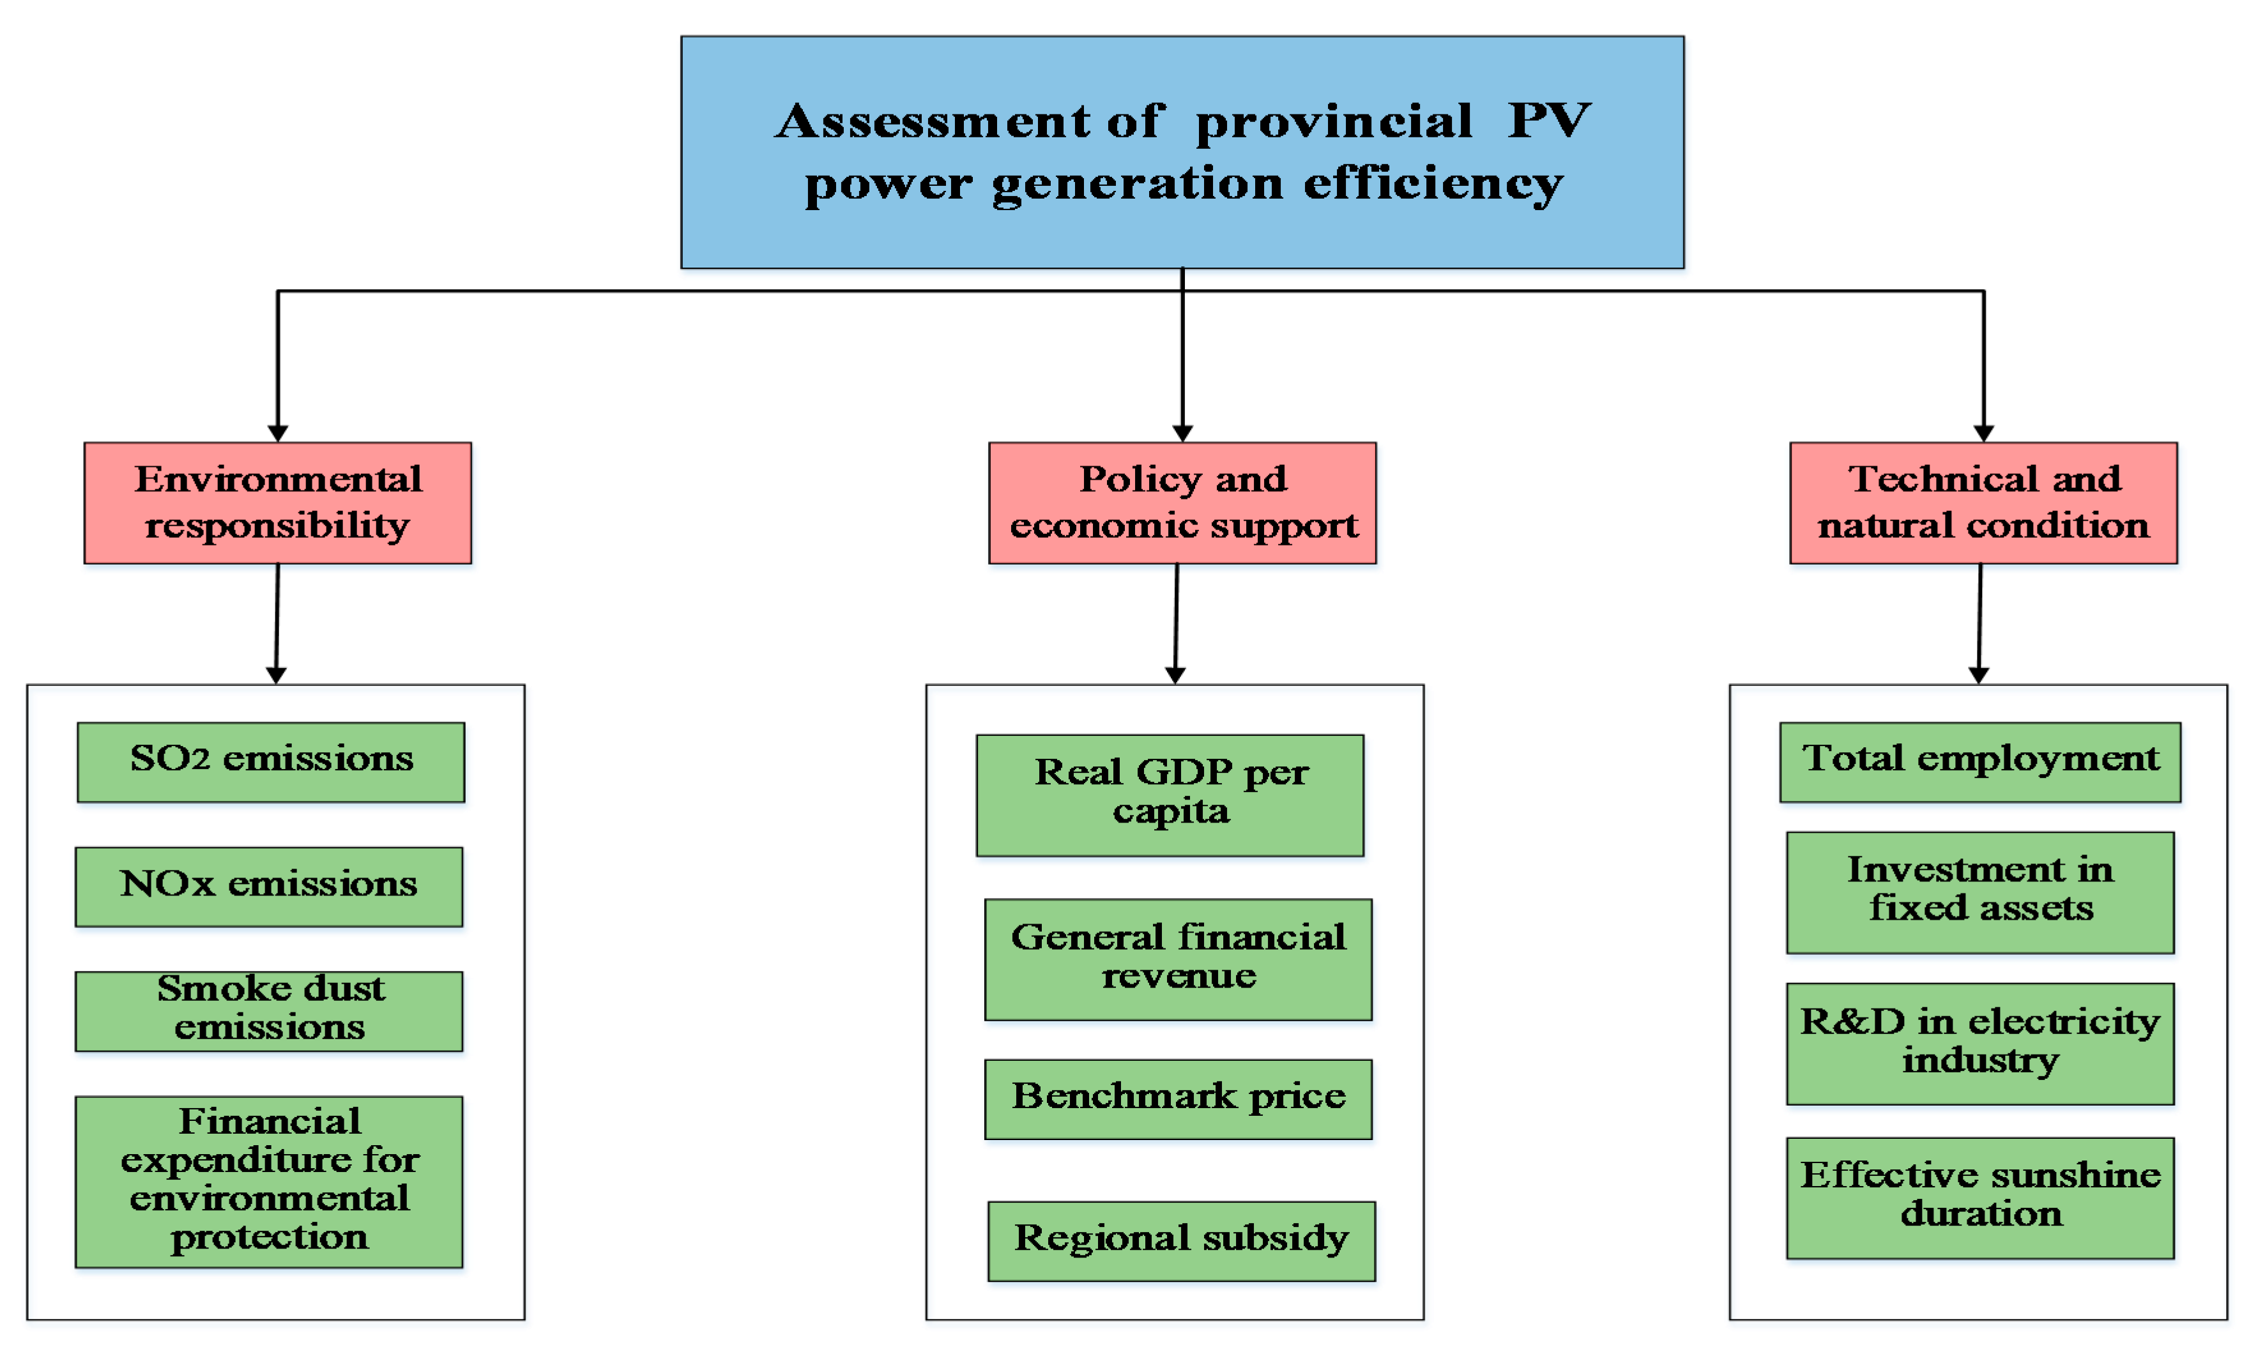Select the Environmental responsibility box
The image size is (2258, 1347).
278,503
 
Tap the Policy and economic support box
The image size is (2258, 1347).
1182,503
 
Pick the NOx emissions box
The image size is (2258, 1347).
269,887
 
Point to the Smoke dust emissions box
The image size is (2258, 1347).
269,1010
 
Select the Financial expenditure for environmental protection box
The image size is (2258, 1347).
269,1181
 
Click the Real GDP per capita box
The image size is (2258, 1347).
1170,795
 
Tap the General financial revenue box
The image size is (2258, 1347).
1178,959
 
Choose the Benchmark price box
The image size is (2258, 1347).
1178,1099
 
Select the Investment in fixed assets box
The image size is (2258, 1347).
1980,892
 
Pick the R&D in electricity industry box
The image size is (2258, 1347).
1980,1044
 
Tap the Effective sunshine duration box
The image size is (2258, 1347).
1980,1198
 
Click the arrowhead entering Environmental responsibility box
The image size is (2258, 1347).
278,433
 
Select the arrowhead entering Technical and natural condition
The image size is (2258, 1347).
1984,433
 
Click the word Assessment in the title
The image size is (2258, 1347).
933,121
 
